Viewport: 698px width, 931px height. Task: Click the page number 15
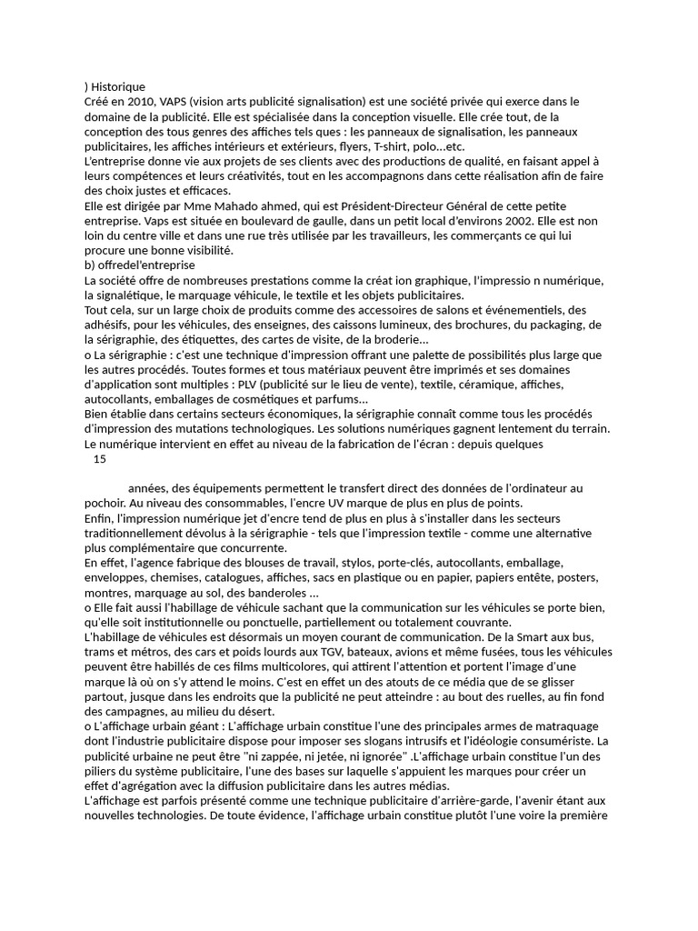(100, 459)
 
